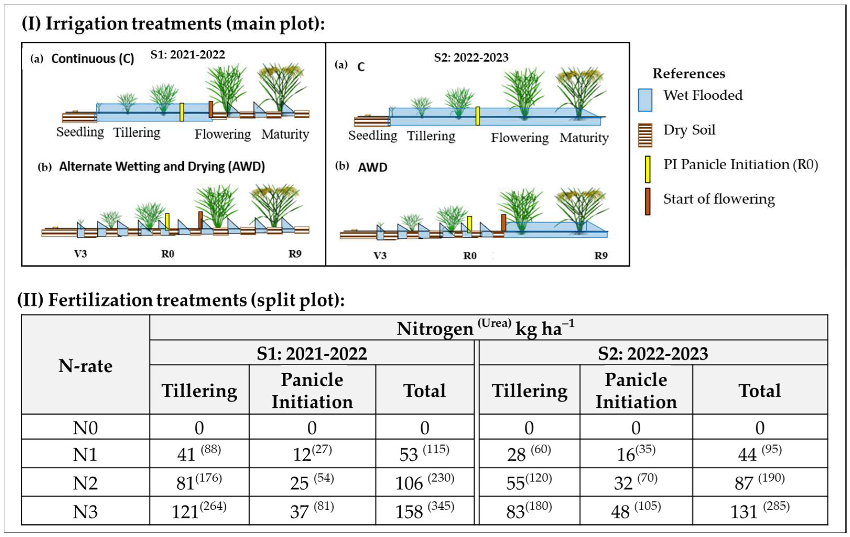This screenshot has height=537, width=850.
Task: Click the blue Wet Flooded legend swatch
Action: [x=645, y=100]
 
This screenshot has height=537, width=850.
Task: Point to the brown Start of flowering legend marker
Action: [x=647, y=201]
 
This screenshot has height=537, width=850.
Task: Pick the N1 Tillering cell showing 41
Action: [x=199, y=454]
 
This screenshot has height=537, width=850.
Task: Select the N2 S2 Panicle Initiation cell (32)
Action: [x=636, y=482]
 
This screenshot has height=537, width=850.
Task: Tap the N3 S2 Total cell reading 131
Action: [x=760, y=511]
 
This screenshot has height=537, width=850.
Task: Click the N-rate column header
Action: [x=85, y=366]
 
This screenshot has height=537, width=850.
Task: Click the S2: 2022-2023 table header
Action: [x=653, y=353]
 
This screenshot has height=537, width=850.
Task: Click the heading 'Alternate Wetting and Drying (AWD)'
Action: [x=162, y=167]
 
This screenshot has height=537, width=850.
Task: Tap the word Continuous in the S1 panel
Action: [x=83, y=59]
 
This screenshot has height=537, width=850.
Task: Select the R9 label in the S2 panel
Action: [x=601, y=255]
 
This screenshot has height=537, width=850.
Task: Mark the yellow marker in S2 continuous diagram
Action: [x=478, y=116]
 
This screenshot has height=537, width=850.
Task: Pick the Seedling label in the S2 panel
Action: [x=373, y=136]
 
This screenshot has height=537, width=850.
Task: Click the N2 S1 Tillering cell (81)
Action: [x=199, y=482]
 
